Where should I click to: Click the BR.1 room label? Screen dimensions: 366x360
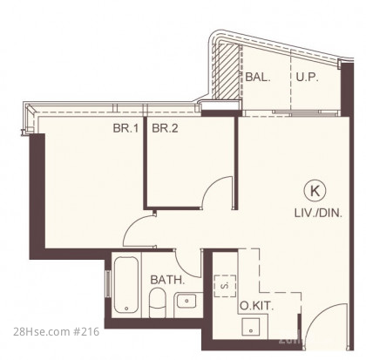tap(125, 128)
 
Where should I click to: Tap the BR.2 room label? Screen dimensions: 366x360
tap(165, 128)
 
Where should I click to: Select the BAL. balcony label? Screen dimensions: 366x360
tap(258, 77)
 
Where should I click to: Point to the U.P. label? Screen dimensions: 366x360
tap(308, 77)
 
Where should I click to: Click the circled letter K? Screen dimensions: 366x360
tap(315, 191)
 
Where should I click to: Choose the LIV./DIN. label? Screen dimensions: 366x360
tap(318, 214)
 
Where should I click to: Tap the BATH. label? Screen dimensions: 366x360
tap(167, 280)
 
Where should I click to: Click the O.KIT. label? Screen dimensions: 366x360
tap(257, 306)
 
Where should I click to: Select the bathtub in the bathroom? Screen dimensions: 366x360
tap(126, 284)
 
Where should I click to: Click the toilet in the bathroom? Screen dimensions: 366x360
tap(157, 302)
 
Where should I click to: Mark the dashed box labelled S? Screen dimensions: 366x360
tap(225, 286)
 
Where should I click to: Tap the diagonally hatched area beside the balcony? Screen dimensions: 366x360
tap(228, 71)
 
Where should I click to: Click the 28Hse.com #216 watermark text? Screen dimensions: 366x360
tap(57, 331)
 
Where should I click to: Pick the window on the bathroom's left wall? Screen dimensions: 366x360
tap(108, 283)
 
